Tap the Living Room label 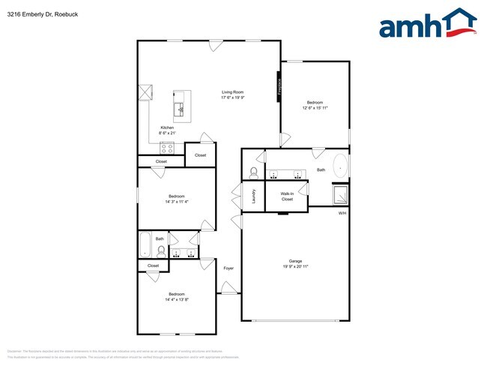[x=232, y=92]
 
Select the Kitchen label [x=167, y=127]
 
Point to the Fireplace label [x=279, y=85]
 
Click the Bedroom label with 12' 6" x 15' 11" [x=315, y=102]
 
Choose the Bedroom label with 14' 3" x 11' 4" [x=176, y=196]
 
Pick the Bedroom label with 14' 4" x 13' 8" [x=176, y=293]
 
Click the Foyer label [x=229, y=268]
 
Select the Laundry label [x=255, y=196]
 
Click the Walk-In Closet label [x=287, y=196]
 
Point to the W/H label [x=342, y=214]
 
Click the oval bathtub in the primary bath [x=340, y=166]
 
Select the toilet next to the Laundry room [x=253, y=173]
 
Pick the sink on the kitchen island [x=179, y=110]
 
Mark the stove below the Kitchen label [x=166, y=145]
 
